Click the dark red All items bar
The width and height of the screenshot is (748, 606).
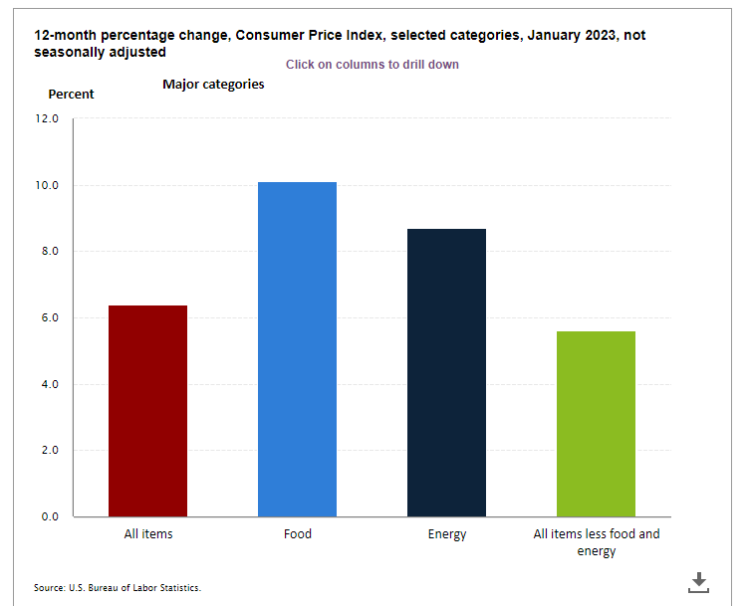point(148,411)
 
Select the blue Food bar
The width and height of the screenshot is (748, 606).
point(297,349)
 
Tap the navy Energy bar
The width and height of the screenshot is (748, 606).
point(446,373)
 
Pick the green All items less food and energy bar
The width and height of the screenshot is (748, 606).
point(596,424)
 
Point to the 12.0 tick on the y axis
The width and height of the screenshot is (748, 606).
point(48,119)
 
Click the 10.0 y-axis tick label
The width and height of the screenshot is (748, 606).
point(48,186)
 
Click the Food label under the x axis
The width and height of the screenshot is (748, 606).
point(297,534)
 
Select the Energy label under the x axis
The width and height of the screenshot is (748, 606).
point(446,534)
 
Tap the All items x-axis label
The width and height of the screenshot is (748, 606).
point(148,534)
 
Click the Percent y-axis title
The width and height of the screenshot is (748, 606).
point(72,95)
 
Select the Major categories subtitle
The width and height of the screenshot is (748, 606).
point(213,85)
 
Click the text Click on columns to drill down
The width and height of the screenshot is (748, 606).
point(372,65)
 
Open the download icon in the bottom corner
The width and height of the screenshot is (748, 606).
point(698,582)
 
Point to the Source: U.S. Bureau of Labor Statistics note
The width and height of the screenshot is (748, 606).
point(118,588)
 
